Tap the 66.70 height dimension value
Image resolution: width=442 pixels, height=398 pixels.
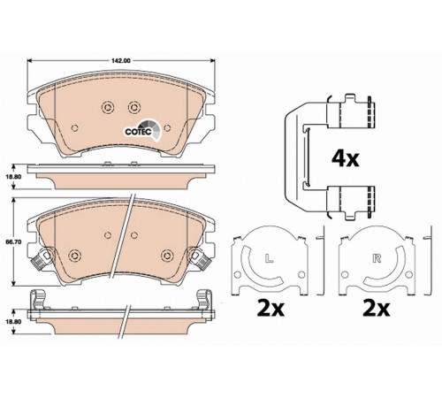click(10, 241)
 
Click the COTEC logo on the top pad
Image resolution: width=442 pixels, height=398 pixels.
click(142, 130)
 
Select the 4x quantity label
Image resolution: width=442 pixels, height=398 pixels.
click(346, 159)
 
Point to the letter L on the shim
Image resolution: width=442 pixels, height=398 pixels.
click(268, 258)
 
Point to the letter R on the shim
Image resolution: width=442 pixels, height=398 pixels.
click(377, 258)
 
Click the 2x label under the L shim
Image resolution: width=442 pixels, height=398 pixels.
click(271, 309)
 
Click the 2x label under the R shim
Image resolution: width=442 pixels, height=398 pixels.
click(377, 309)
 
